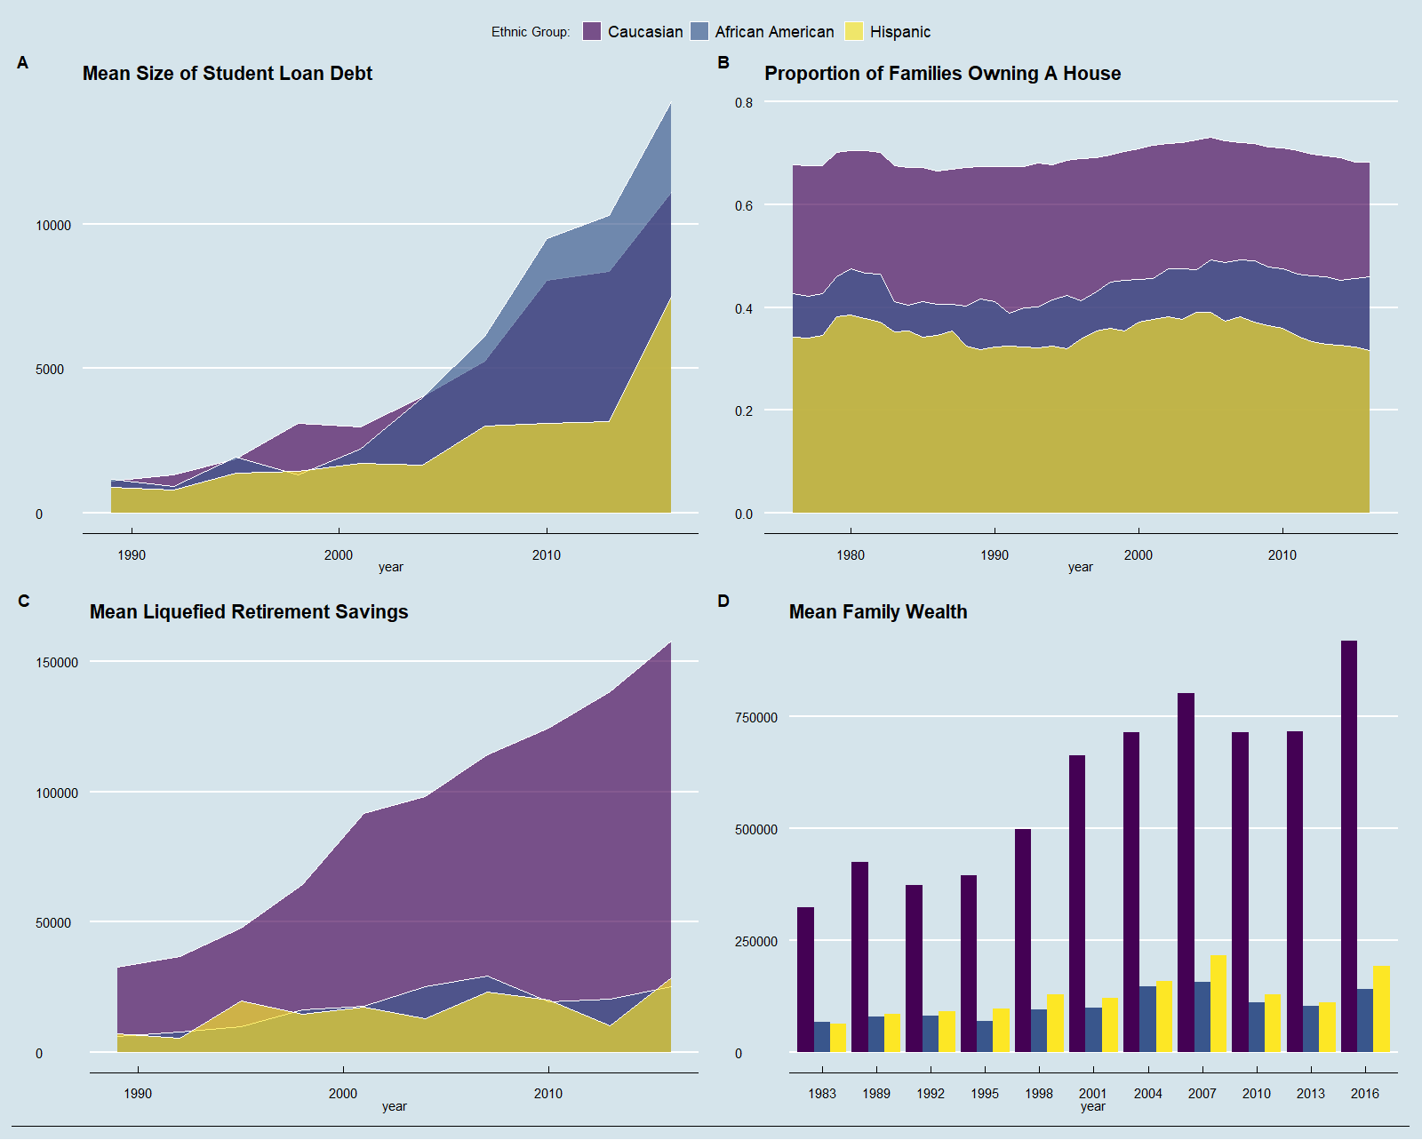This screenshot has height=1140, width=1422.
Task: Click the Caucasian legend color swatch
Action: [x=592, y=32]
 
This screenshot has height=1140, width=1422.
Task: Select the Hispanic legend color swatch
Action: [x=854, y=32]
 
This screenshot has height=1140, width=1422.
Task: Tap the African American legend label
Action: [x=774, y=32]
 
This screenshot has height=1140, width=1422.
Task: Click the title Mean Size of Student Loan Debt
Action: [x=227, y=74]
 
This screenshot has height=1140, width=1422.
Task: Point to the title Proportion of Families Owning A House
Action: [x=942, y=74]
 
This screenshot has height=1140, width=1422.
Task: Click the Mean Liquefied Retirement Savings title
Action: [x=249, y=612]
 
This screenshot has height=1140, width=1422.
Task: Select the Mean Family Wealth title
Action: [x=878, y=612]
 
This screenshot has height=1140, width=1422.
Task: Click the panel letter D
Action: [x=723, y=602]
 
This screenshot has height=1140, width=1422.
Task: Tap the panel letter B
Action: [x=723, y=63]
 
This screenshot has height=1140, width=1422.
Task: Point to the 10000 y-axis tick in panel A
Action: [x=53, y=226]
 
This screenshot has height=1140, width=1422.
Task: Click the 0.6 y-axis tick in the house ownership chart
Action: [x=744, y=206]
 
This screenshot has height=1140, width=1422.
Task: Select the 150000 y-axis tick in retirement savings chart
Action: [x=57, y=663]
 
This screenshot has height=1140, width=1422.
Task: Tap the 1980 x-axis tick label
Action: [x=851, y=555]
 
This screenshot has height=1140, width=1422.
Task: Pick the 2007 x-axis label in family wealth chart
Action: [x=1202, y=1094]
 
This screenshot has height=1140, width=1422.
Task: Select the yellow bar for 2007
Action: [x=1218, y=1004]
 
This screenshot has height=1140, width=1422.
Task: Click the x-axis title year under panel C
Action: [x=395, y=1106]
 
